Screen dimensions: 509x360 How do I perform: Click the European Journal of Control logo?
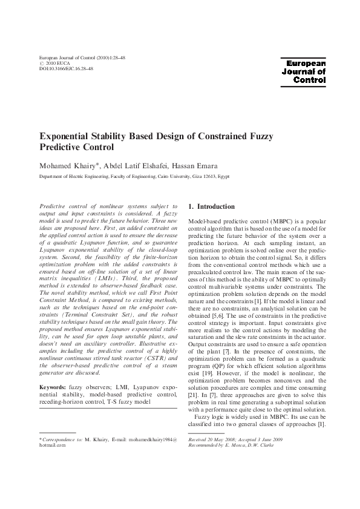(x=306, y=71)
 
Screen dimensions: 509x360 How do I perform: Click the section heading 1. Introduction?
(x=211, y=206)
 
